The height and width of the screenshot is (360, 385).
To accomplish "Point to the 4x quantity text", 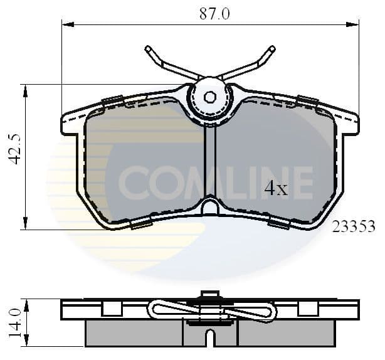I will pos(276,188).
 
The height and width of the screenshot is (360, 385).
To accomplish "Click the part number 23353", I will pos(354,226).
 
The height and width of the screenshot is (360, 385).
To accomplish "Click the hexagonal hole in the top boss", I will pos(210,97).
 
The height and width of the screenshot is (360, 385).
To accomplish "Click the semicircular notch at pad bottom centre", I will pos(210,206).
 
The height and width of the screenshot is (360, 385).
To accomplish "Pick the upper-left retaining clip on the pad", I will pos(113,100).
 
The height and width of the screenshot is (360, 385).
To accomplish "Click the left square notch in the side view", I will pos(111,308).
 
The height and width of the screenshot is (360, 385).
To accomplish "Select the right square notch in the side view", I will pos(307,308).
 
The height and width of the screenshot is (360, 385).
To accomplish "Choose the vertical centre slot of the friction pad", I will pos(210,163).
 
